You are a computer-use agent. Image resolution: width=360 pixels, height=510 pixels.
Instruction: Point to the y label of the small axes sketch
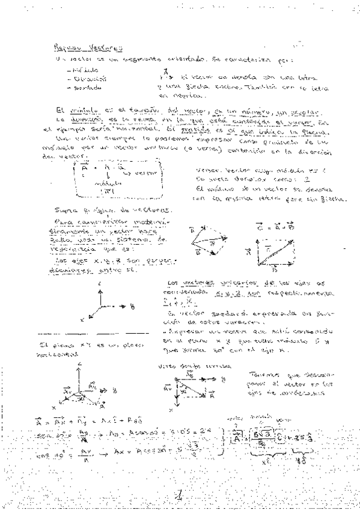[131, 305]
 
